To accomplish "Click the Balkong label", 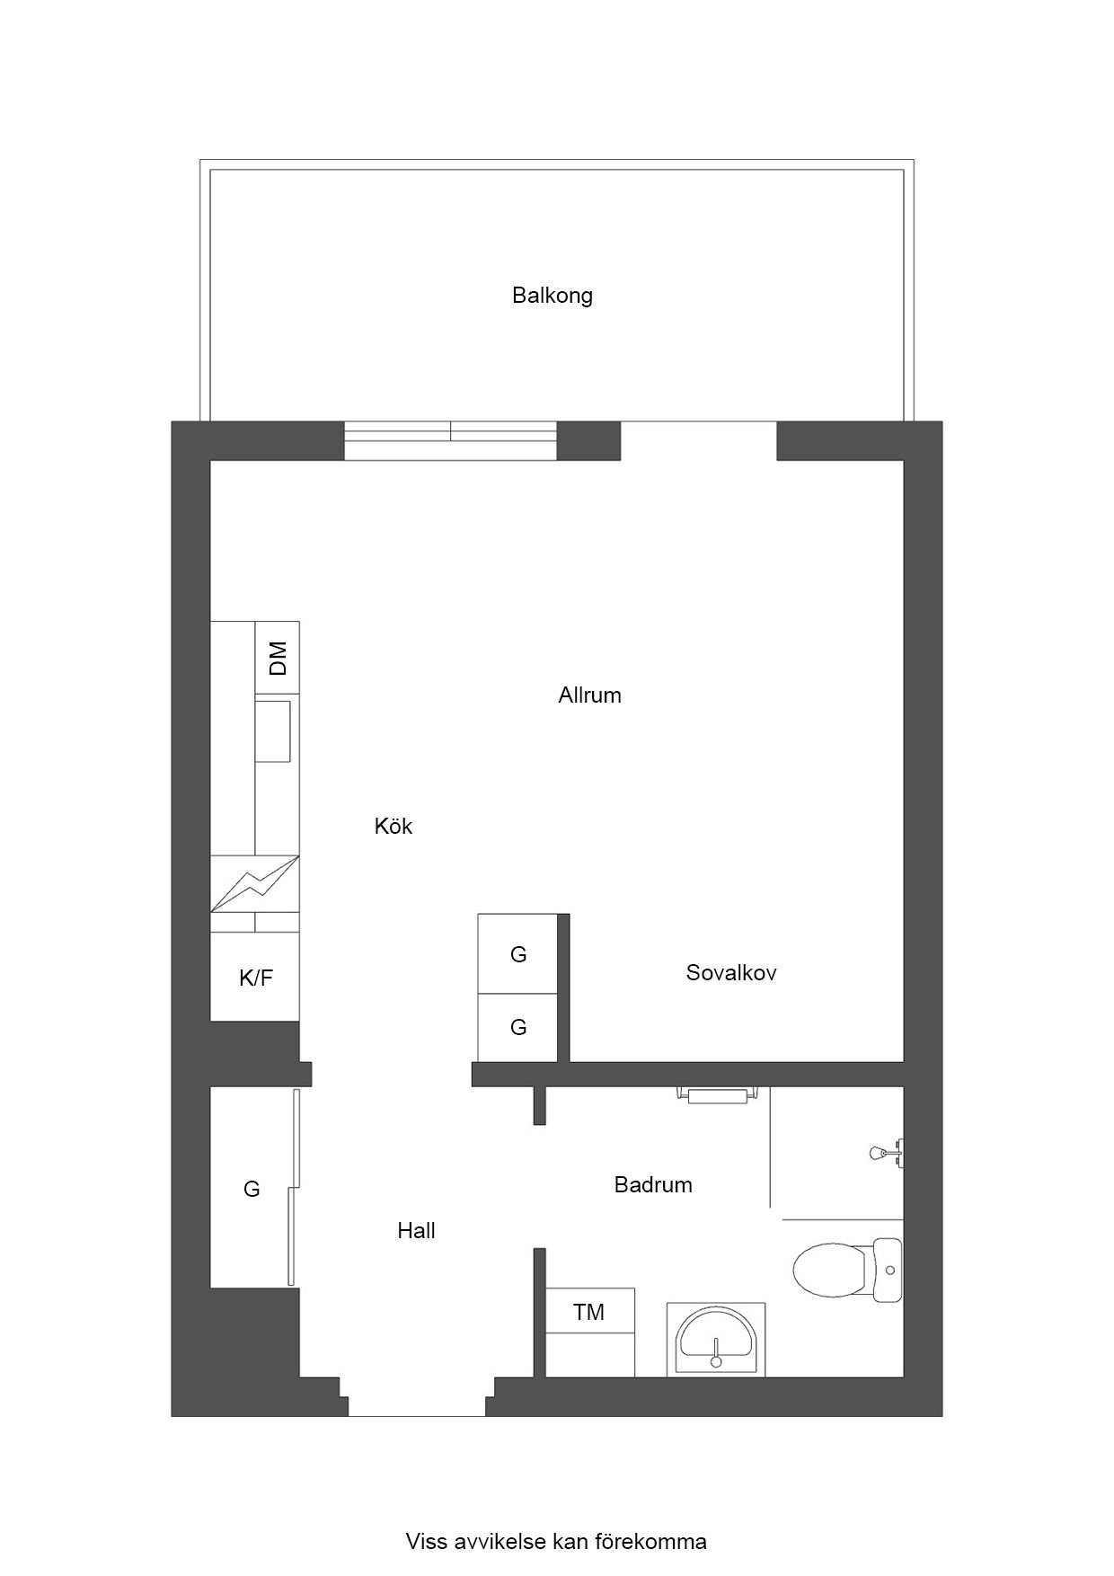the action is click(553, 296).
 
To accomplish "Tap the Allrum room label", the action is click(589, 695).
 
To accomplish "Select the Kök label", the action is click(393, 826).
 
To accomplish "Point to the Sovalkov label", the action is click(731, 972).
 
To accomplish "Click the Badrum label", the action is click(653, 1184).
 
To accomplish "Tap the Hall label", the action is click(416, 1230).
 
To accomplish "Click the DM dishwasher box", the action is click(278, 658).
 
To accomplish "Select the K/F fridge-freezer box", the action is click(255, 977).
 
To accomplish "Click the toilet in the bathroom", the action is click(847, 1270).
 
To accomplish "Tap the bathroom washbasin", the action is click(716, 1340).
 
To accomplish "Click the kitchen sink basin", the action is click(273, 731).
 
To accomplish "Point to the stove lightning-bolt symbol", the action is click(255, 883).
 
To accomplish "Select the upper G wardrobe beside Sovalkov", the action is click(518, 953).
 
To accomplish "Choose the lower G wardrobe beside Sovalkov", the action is click(518, 1028).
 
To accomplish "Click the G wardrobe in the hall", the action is click(252, 1188).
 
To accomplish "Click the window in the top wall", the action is click(451, 441).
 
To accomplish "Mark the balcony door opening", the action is click(698, 441).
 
